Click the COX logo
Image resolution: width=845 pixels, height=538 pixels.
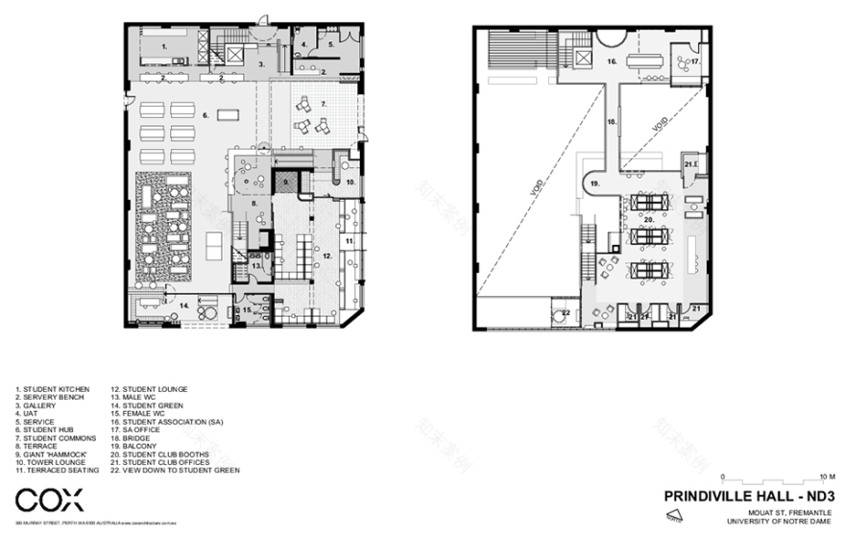tap(49, 499)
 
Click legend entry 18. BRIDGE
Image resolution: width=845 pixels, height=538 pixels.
tap(133, 438)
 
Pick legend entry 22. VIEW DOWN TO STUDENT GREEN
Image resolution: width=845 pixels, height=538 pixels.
tap(174, 471)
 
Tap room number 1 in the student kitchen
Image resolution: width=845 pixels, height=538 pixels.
tap(163, 45)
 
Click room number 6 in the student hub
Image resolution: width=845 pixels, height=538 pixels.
tap(205, 114)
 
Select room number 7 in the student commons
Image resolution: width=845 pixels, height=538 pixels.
tap(324, 102)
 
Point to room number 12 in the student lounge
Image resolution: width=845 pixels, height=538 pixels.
tap(326, 256)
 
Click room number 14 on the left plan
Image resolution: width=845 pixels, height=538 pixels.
tap(182, 305)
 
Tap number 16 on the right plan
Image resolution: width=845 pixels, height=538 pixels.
tap(611, 60)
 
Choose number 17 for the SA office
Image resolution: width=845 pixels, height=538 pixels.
tap(697, 61)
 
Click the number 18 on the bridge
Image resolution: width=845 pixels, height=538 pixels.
tap(611, 121)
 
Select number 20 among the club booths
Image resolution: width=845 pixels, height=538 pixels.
tap(649, 219)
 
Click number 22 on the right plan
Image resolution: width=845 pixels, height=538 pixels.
tap(566, 313)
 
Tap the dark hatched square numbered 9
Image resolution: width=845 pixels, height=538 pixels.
tap(283, 180)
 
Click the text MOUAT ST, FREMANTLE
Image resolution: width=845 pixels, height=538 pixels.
tap(791, 509)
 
